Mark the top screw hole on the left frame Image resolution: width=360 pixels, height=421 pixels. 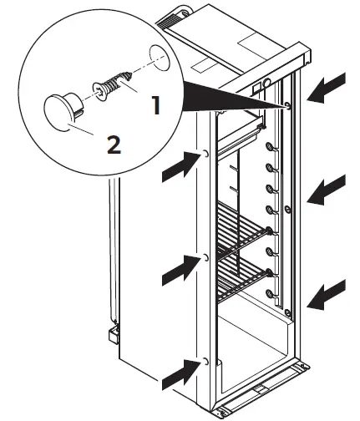pos(205,155)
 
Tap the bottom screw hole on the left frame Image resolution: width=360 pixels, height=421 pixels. pos(205,362)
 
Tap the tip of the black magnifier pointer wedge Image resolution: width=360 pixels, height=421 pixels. pos(286,105)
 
